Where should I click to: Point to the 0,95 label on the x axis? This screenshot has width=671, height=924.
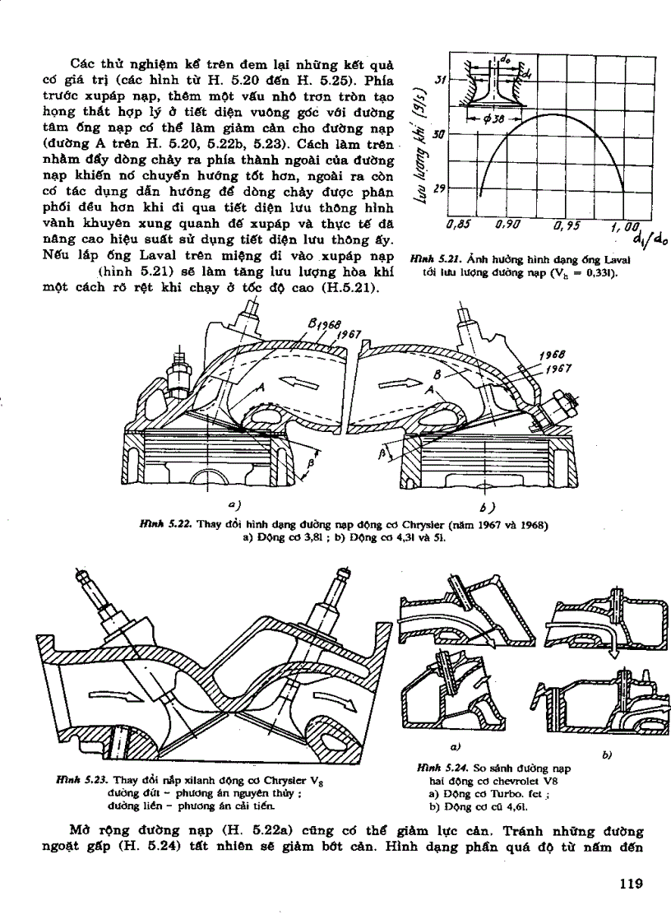569,224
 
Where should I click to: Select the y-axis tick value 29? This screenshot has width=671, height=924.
439,188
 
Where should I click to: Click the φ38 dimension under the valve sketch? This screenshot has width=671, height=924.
497,118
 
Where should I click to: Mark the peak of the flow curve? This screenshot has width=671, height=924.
543,115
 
